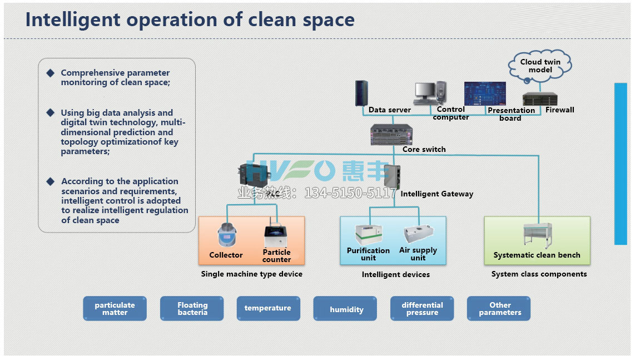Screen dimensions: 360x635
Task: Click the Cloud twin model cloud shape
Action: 540,66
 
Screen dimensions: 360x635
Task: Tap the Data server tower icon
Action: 361,93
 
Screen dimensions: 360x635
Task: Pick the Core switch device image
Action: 391,135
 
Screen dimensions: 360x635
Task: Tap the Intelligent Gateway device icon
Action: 392,177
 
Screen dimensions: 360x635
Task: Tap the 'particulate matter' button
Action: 115,308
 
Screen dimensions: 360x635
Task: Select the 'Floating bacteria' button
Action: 192,308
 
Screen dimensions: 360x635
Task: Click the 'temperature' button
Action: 267,308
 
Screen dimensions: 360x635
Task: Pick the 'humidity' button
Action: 345,309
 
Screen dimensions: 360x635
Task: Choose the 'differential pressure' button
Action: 422,308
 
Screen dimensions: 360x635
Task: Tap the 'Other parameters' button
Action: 499,308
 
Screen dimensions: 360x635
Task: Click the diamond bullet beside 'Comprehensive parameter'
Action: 51,73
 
